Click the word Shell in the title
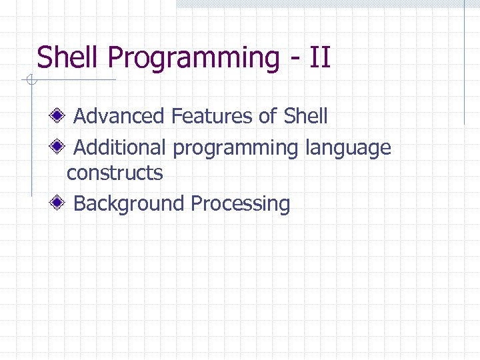[x=69, y=57]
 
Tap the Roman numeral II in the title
[x=319, y=57]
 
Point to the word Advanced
[x=119, y=117]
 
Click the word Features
[x=212, y=117]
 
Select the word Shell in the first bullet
[x=305, y=117]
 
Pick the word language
[x=348, y=149]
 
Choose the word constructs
[x=115, y=173]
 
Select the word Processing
[x=241, y=204]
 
